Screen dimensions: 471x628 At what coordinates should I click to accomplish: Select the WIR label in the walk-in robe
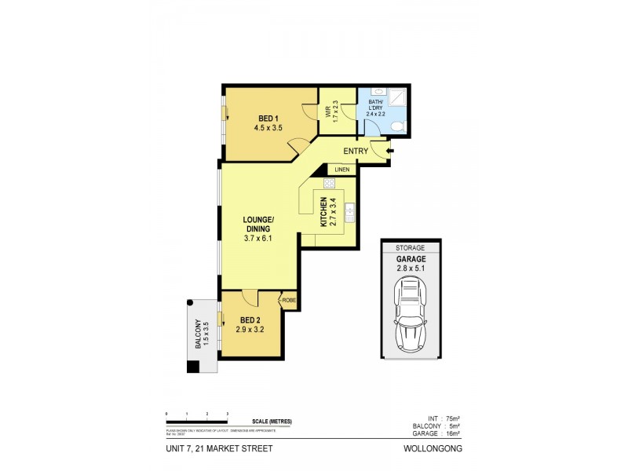click(x=329, y=110)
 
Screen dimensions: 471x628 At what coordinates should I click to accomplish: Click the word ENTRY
click(x=355, y=151)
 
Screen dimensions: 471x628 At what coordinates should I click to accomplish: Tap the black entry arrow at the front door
click(x=390, y=151)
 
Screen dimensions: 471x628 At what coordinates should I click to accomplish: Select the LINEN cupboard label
click(x=341, y=170)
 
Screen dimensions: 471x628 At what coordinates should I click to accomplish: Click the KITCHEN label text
click(x=323, y=212)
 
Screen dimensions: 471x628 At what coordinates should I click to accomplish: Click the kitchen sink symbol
click(x=351, y=212)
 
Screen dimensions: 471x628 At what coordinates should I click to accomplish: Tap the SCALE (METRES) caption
click(x=272, y=422)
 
